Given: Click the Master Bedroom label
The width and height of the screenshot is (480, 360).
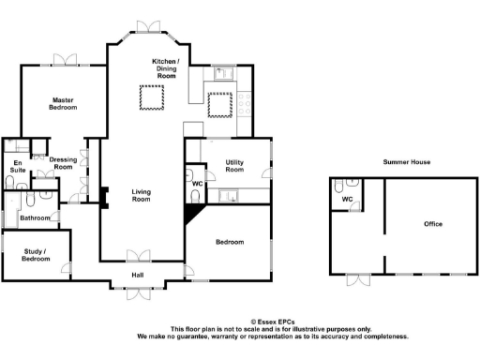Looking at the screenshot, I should click(x=64, y=104).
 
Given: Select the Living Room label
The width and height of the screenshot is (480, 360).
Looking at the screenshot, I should click(x=141, y=194).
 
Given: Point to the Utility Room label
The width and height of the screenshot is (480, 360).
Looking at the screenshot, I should click(x=234, y=166).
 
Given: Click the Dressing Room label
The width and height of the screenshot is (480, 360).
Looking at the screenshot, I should click(x=64, y=164).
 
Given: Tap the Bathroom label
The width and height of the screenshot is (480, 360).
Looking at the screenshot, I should click(x=35, y=217).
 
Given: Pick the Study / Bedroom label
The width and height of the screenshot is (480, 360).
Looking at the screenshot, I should click(x=36, y=254).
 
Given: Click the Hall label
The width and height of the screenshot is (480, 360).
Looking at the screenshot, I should click(x=138, y=275).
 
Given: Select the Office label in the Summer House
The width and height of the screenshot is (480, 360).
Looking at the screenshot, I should click(x=432, y=224).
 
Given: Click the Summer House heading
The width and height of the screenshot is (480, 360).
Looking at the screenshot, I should click(x=407, y=163).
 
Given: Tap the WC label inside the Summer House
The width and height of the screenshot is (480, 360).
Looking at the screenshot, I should click(x=346, y=200).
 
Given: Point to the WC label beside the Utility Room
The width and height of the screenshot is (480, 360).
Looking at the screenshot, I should click(x=197, y=184).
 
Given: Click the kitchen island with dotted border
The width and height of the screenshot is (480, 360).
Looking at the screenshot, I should click(x=219, y=105).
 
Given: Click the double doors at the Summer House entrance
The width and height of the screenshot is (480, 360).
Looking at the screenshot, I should click(x=356, y=279).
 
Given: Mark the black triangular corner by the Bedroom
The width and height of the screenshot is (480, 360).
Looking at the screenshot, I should click(x=191, y=215).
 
